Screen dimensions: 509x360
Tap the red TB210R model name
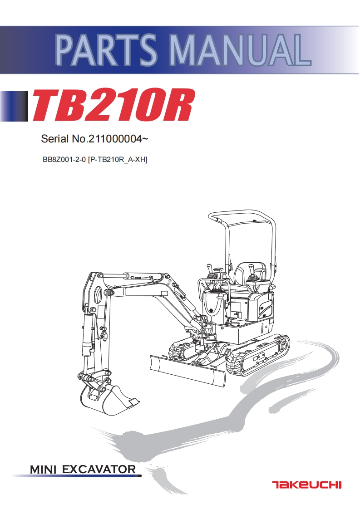(x=113, y=105)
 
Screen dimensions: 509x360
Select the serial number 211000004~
(x=118, y=139)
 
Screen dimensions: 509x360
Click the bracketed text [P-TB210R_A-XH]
(x=118, y=159)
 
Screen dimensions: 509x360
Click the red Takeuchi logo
(x=306, y=485)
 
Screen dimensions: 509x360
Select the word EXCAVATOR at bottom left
(x=99, y=469)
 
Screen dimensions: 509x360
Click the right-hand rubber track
(x=259, y=356)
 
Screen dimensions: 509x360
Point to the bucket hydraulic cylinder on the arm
(x=86, y=336)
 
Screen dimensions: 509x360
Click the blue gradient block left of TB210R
(x=15, y=106)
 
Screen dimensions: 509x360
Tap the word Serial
(x=54, y=139)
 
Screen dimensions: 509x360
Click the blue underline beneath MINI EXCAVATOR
(x=77, y=476)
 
